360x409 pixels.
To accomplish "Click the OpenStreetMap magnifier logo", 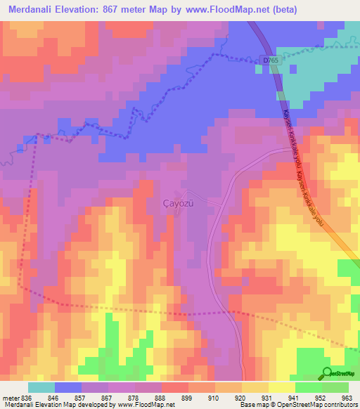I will pyautogui.click(x=328, y=374).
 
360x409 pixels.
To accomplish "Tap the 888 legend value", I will pyautogui.click(x=160, y=398).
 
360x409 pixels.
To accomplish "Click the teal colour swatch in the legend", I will pyautogui.click(x=41, y=387).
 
